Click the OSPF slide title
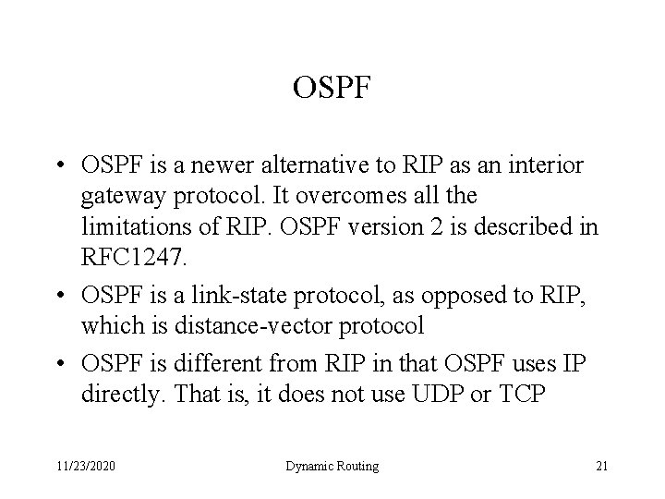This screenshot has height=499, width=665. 332,89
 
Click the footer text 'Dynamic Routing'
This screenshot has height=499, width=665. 332,467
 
